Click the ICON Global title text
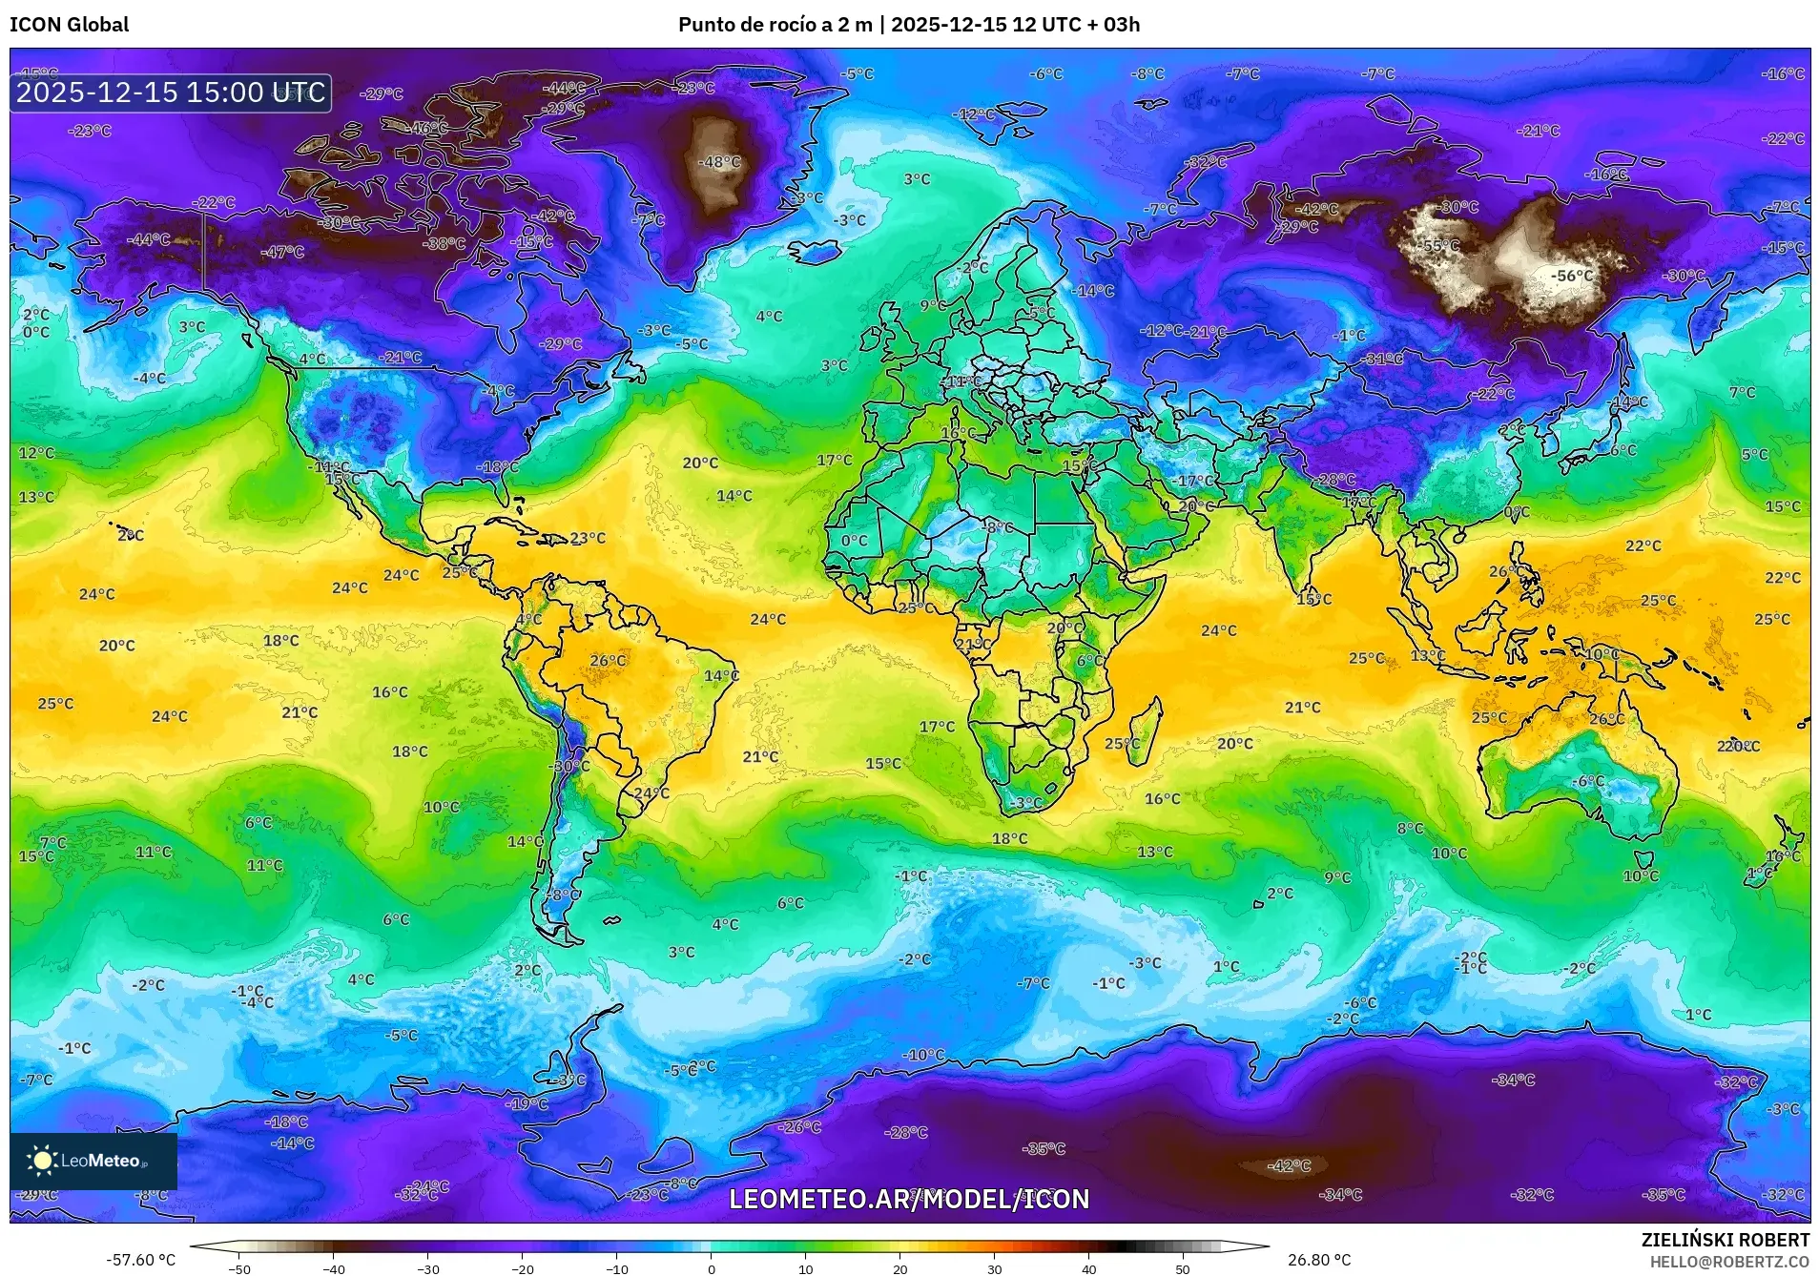click(69, 25)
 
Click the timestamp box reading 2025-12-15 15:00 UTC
click(171, 93)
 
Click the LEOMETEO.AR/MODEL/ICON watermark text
click(908, 1199)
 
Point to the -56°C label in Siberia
click(1571, 276)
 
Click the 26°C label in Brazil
click(608, 660)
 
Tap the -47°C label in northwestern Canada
click(282, 252)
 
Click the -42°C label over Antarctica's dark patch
click(1289, 1165)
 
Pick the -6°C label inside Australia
click(1589, 780)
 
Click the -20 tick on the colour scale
click(522, 1268)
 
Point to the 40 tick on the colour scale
click(1088, 1268)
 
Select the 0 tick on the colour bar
click(711, 1268)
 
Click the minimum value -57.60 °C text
click(140, 1260)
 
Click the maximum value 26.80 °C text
click(1319, 1260)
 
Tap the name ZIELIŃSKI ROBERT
click(1725, 1240)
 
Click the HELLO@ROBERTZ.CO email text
click(1729, 1262)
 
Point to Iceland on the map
click(814, 251)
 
